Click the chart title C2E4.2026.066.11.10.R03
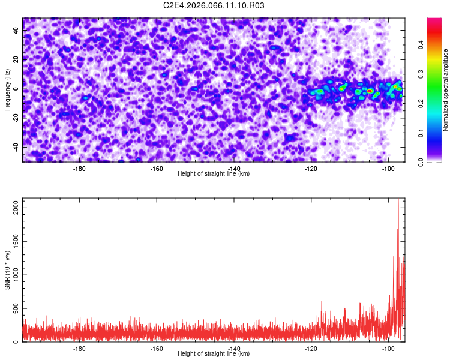tap(214, 5)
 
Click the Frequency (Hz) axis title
tap(7, 89)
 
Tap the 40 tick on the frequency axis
tap(16, 31)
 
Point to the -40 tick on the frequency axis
tap(14, 147)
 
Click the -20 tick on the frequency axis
tap(14, 118)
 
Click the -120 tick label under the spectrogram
tap(311, 169)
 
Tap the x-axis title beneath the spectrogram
tap(214, 174)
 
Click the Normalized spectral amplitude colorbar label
tap(446, 90)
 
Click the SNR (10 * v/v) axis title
tap(7, 270)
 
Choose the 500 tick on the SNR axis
tap(13, 308)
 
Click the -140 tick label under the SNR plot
tap(234, 349)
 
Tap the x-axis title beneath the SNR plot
tap(214, 354)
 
